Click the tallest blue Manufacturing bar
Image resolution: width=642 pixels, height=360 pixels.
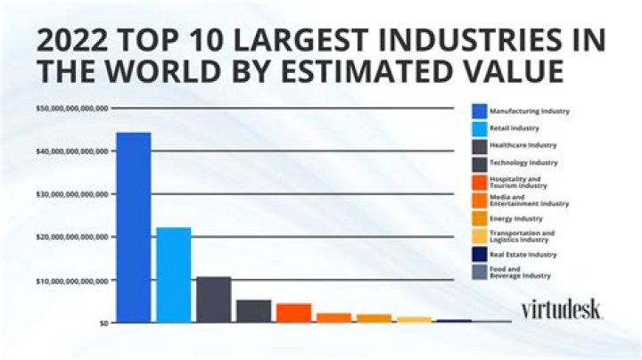coord(133,227)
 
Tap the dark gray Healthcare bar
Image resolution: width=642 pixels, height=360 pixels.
coord(213,299)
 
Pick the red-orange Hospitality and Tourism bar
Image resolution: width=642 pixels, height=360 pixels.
coord(293,313)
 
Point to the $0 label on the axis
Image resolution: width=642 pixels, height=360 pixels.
coord(103,323)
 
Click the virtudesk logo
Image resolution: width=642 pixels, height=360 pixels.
coord(561,308)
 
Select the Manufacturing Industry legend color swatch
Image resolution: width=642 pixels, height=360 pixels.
coord(479,111)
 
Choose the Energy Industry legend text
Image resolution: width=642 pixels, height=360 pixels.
coord(516,218)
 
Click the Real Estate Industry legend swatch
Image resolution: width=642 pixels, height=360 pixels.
coord(479,255)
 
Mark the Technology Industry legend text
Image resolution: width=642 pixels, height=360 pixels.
coord(523,162)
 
